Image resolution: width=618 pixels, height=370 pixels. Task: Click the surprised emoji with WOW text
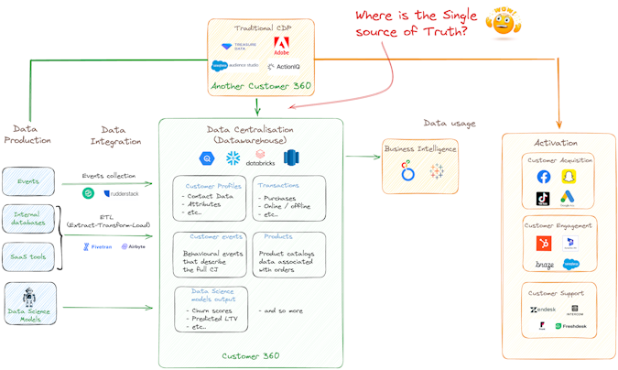point(503,21)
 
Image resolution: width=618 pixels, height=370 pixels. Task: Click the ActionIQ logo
point(284,66)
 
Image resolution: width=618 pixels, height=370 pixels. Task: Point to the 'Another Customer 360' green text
point(261,86)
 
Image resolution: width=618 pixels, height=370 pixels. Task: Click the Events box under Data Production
point(28,182)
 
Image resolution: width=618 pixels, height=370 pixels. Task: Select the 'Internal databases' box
point(28,221)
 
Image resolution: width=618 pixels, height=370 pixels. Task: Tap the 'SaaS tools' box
point(28,257)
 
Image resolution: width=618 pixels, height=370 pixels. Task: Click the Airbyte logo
point(134,246)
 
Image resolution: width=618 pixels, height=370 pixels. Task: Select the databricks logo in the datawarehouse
point(261,158)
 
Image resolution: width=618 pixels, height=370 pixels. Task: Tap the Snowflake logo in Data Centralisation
point(231,158)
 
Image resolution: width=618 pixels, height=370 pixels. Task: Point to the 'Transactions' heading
point(280,185)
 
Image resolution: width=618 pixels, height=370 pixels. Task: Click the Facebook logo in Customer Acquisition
point(543,177)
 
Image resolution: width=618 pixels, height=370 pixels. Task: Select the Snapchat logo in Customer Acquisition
point(569,177)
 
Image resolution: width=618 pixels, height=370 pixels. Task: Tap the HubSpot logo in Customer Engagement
point(544,243)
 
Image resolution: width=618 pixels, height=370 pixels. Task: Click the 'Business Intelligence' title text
point(419,149)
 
